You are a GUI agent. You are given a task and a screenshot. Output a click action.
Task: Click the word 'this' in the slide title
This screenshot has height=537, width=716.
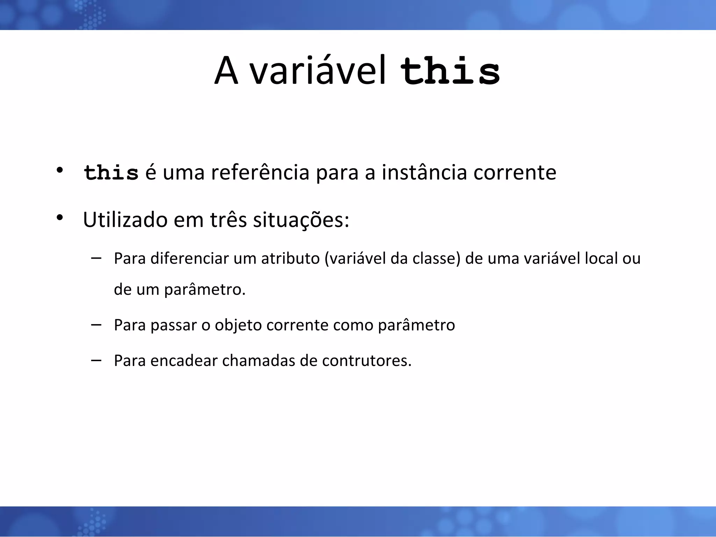tap(450, 72)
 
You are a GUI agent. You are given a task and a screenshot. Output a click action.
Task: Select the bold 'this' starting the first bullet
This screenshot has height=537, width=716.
tap(111, 173)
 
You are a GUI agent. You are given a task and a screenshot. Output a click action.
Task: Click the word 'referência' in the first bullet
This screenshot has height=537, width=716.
tap(260, 173)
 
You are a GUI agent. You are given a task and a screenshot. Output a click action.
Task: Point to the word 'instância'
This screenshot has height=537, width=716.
tap(424, 173)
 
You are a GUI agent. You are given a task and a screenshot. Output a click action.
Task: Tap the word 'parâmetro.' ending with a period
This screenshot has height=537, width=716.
tap(205, 290)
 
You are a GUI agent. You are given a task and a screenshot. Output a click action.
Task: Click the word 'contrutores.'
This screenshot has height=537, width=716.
tap(367, 361)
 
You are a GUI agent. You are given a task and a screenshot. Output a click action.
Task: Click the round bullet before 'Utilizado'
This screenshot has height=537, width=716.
tap(60, 218)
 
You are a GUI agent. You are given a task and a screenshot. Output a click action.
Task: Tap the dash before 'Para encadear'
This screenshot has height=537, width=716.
tap(96, 360)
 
